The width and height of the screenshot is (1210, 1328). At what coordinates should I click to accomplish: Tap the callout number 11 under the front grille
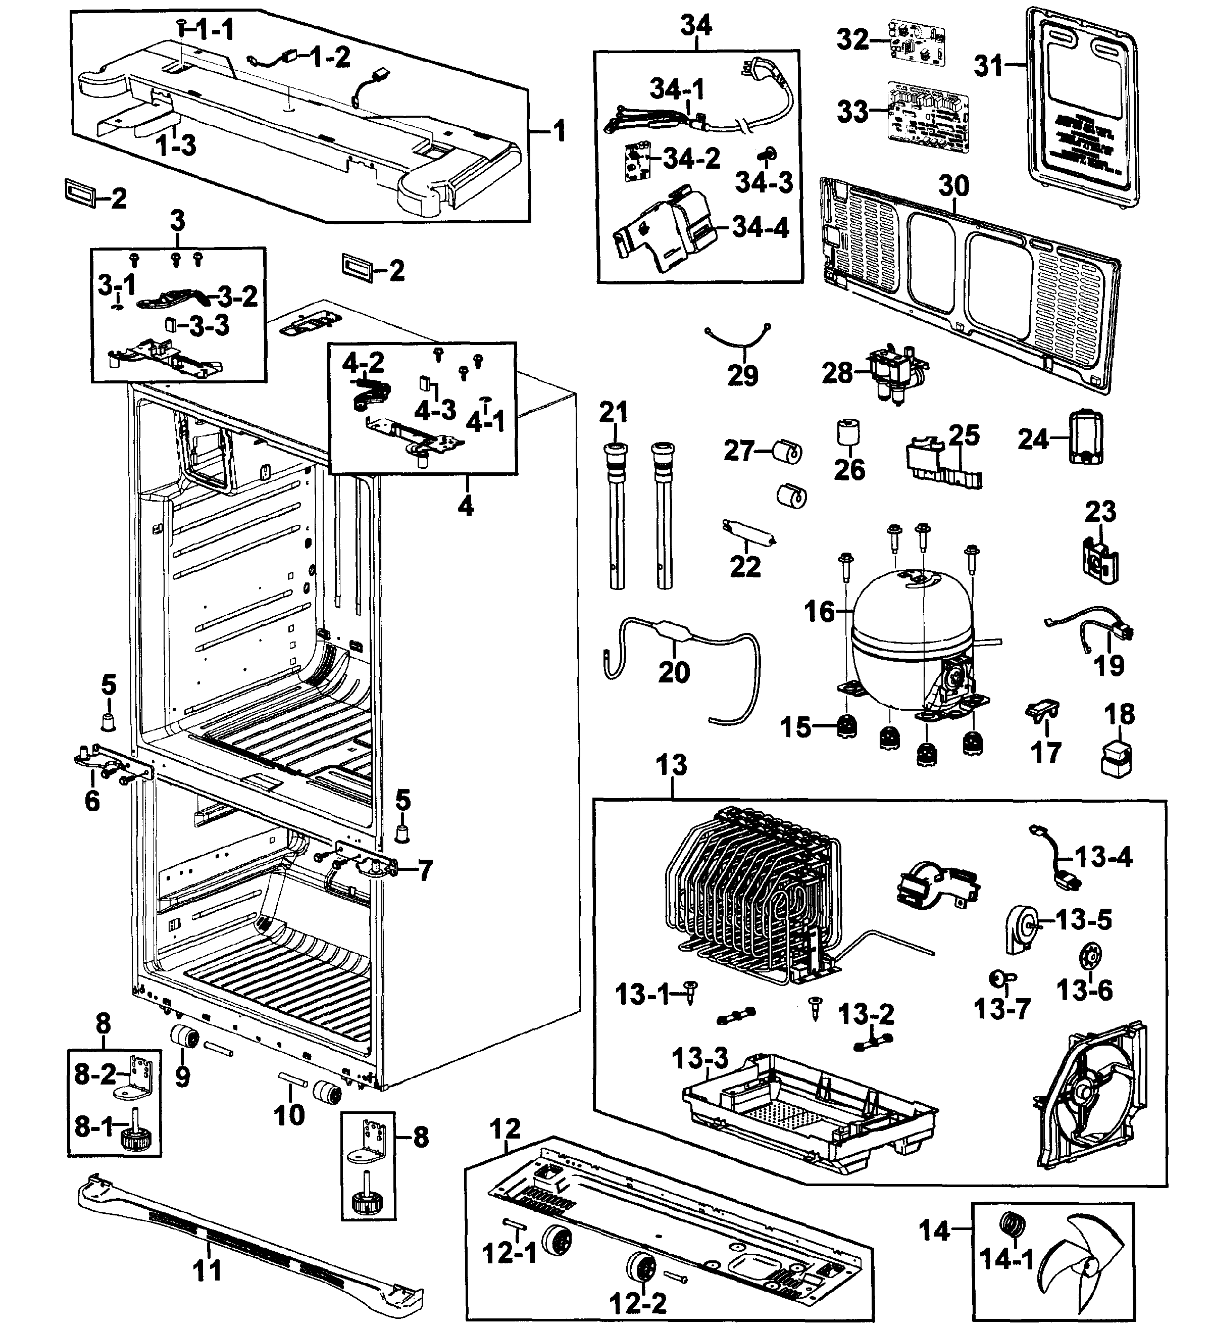[207, 1271]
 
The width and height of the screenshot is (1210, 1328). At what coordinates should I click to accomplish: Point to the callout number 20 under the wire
[673, 672]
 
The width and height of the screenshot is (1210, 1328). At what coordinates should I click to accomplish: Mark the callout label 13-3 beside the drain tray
[700, 1059]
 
